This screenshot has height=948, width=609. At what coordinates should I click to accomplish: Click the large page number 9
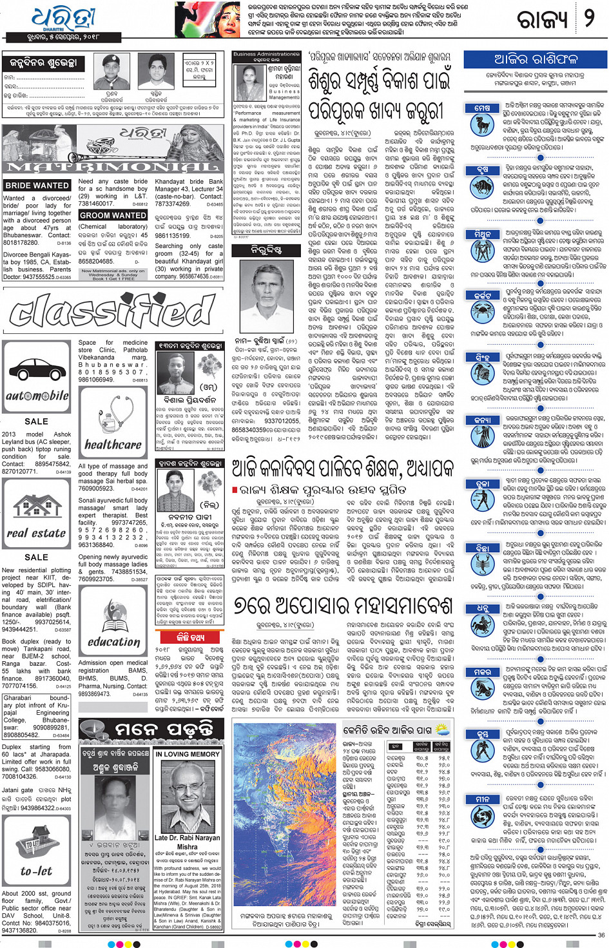coord(588,18)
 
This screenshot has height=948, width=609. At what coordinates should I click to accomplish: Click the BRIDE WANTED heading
coord(37,186)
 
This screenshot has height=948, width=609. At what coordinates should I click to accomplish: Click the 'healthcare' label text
coord(113,445)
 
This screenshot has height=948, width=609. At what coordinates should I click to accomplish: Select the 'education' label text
coord(114,641)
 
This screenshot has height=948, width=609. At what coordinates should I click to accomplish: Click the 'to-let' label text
coord(36,871)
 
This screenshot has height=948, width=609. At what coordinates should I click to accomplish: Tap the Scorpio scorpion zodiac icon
coord(482,565)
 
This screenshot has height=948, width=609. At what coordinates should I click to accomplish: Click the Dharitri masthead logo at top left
coord(63,19)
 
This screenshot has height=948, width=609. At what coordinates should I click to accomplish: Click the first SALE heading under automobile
coord(36,421)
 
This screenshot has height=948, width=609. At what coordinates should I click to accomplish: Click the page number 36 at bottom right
coord(601,935)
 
